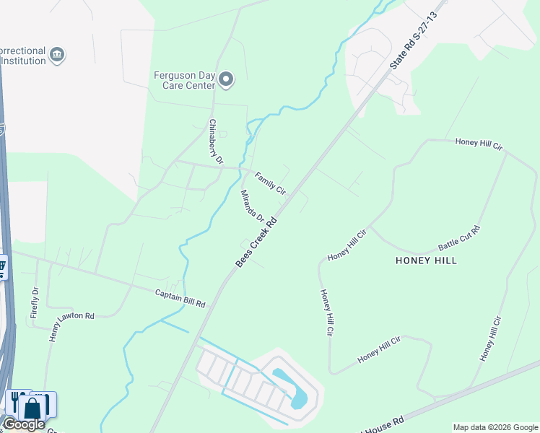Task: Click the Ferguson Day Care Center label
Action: coord(184,79)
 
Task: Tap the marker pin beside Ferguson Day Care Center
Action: coord(227,79)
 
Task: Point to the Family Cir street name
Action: coord(271,183)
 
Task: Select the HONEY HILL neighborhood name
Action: coord(426,261)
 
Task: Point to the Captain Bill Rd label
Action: coord(180,298)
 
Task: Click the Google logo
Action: coord(24,424)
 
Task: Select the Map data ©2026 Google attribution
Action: coord(495,427)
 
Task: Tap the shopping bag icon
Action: coord(32,407)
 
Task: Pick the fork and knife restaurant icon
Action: coord(14,402)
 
